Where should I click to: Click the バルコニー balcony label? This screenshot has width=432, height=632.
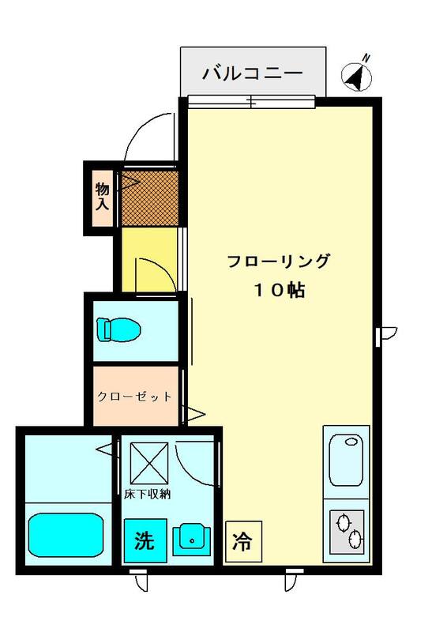point(252,73)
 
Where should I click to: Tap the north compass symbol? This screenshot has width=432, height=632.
point(357,75)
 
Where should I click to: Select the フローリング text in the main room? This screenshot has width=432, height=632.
point(279,261)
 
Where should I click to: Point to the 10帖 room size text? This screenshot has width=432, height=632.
point(280,290)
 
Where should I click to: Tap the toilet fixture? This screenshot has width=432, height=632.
point(118,329)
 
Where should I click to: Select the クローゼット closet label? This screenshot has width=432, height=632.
point(135,397)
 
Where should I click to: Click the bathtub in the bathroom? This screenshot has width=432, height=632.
point(66,535)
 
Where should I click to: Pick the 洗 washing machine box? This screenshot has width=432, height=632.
point(145,540)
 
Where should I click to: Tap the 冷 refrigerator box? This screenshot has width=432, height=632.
point(243,541)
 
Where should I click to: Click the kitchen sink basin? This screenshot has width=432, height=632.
point(346,461)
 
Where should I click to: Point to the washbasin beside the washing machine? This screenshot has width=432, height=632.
point(192,540)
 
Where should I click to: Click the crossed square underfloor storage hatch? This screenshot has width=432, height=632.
point(149,463)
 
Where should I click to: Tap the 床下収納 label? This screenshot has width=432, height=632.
point(147,495)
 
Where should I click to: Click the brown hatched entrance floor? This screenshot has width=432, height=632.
point(149,198)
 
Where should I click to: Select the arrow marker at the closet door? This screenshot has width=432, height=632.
point(196,414)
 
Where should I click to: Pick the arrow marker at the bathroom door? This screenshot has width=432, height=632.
point(105,449)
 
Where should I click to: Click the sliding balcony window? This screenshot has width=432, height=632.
point(251,102)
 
